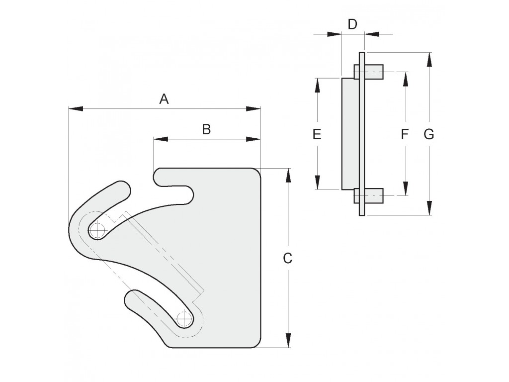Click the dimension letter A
tap(164, 98)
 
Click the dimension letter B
tap(206, 129)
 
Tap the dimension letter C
tap(288, 258)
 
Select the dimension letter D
tap(352, 24)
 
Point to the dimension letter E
tap(317, 134)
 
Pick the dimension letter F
tap(405, 134)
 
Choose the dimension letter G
tap(429, 134)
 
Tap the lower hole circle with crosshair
tap(184, 319)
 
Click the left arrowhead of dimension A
tap(76, 109)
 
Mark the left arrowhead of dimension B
tap(161, 139)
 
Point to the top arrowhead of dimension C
tap(288, 176)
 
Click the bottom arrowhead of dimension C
tap(288, 340)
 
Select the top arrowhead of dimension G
tap(429, 60)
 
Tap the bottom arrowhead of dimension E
tap(318, 182)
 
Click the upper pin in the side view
tap(368, 72)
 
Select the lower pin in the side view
tap(368, 196)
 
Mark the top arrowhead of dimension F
tap(405, 79)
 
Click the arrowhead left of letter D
tap(335, 34)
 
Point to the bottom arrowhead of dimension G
tap(429, 208)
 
